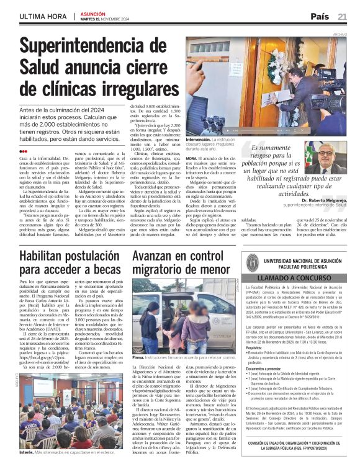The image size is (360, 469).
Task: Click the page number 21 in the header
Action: [342, 16]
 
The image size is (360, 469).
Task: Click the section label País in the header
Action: [319, 16]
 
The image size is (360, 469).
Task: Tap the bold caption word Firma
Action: [138, 358]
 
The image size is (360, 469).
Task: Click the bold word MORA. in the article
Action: [191, 159]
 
